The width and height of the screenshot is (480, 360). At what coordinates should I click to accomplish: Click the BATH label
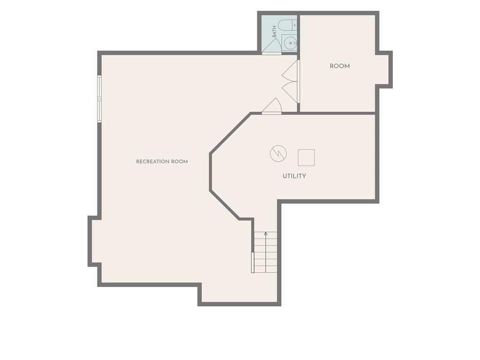274,32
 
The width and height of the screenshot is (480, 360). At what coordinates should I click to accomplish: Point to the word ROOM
339,66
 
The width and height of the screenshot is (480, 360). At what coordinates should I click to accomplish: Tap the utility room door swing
272,105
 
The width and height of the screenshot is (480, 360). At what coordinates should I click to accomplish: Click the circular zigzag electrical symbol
278,153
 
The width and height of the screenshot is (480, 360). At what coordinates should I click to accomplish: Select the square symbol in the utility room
307,157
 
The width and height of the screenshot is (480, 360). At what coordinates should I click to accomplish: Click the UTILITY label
294,176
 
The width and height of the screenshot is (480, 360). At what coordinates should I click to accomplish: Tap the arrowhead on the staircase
266,233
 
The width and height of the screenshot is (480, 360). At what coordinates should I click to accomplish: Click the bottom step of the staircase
266,270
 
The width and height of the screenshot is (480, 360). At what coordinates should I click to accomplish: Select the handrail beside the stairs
253,262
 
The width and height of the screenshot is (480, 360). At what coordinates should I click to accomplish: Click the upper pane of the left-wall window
99,87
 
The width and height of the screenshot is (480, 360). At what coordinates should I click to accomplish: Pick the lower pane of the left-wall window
99,111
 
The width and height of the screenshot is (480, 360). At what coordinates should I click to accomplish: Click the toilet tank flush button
294,25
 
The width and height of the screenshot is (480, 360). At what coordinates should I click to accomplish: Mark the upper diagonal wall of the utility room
231,133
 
